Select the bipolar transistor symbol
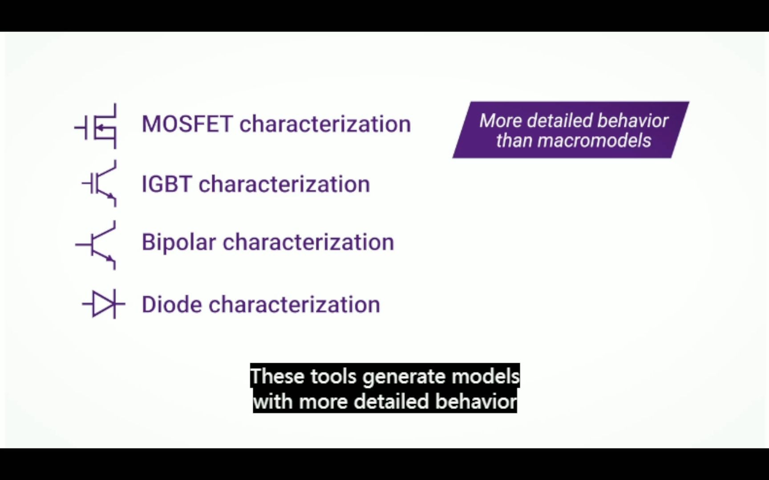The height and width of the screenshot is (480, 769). [96, 245]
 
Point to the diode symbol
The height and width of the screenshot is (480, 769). [103, 304]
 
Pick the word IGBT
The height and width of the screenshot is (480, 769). [167, 184]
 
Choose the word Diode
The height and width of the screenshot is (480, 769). [172, 304]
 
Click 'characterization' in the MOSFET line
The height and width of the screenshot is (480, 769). [325, 124]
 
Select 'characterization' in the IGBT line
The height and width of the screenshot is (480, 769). [284, 184]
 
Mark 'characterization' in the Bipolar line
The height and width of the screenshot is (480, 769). [308, 242]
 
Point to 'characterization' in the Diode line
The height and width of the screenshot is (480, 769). [294, 304]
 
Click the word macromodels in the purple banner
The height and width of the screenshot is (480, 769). [594, 141]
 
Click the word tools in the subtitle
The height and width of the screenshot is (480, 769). [333, 376]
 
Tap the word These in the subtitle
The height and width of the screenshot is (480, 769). [277, 376]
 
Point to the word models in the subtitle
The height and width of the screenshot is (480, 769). [486, 376]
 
